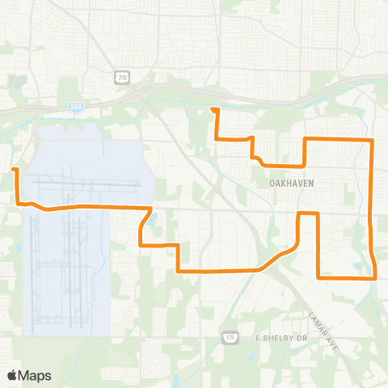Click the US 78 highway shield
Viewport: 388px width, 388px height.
pos(121,76)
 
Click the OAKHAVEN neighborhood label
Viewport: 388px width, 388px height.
pos(291,183)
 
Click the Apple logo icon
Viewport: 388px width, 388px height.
pos(13,375)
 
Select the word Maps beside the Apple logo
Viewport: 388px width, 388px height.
pos(36,375)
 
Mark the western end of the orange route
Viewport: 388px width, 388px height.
pos(14,169)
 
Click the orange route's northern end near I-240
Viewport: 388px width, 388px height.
pos(213,109)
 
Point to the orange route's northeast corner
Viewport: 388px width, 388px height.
pos(371,140)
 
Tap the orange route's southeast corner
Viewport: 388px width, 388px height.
pos(376,277)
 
